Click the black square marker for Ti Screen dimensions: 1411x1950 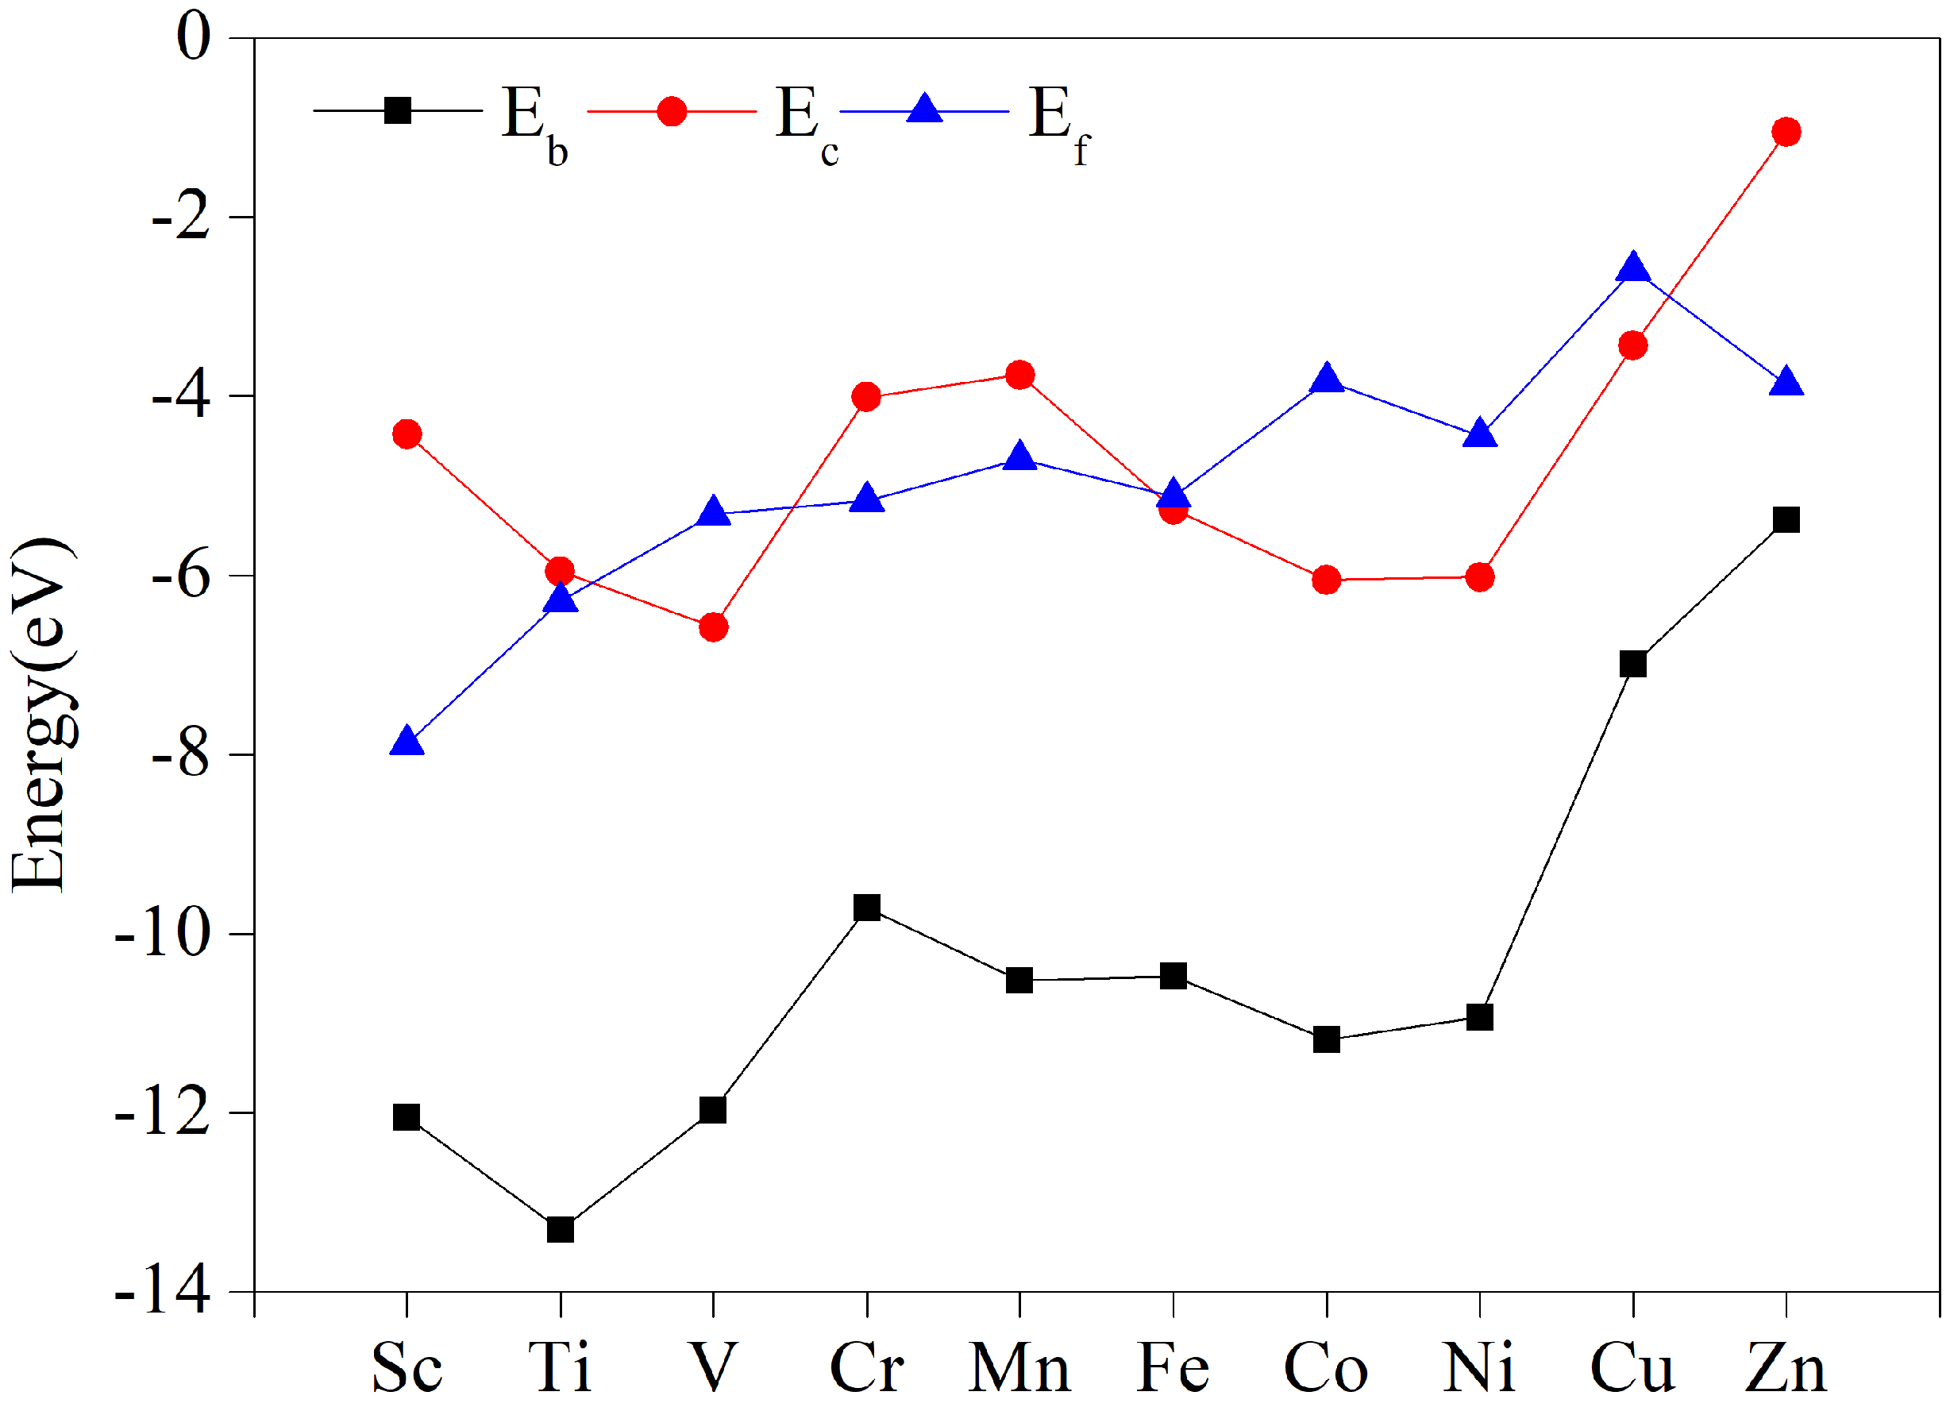point(561,1230)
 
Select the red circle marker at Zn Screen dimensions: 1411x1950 point(1786,132)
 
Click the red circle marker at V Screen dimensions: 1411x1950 point(713,627)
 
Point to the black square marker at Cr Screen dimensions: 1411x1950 point(867,908)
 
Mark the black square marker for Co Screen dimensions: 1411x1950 point(1327,1039)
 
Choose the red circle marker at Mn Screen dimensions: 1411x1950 point(1019,375)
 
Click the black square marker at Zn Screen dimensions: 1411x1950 point(1786,519)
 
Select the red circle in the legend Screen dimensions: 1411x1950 point(671,111)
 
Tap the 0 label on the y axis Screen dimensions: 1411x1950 point(193,38)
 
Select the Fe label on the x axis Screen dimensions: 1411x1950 point(1173,1367)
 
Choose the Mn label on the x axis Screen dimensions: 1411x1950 point(1019,1367)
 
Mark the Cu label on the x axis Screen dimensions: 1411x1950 point(1632,1367)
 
